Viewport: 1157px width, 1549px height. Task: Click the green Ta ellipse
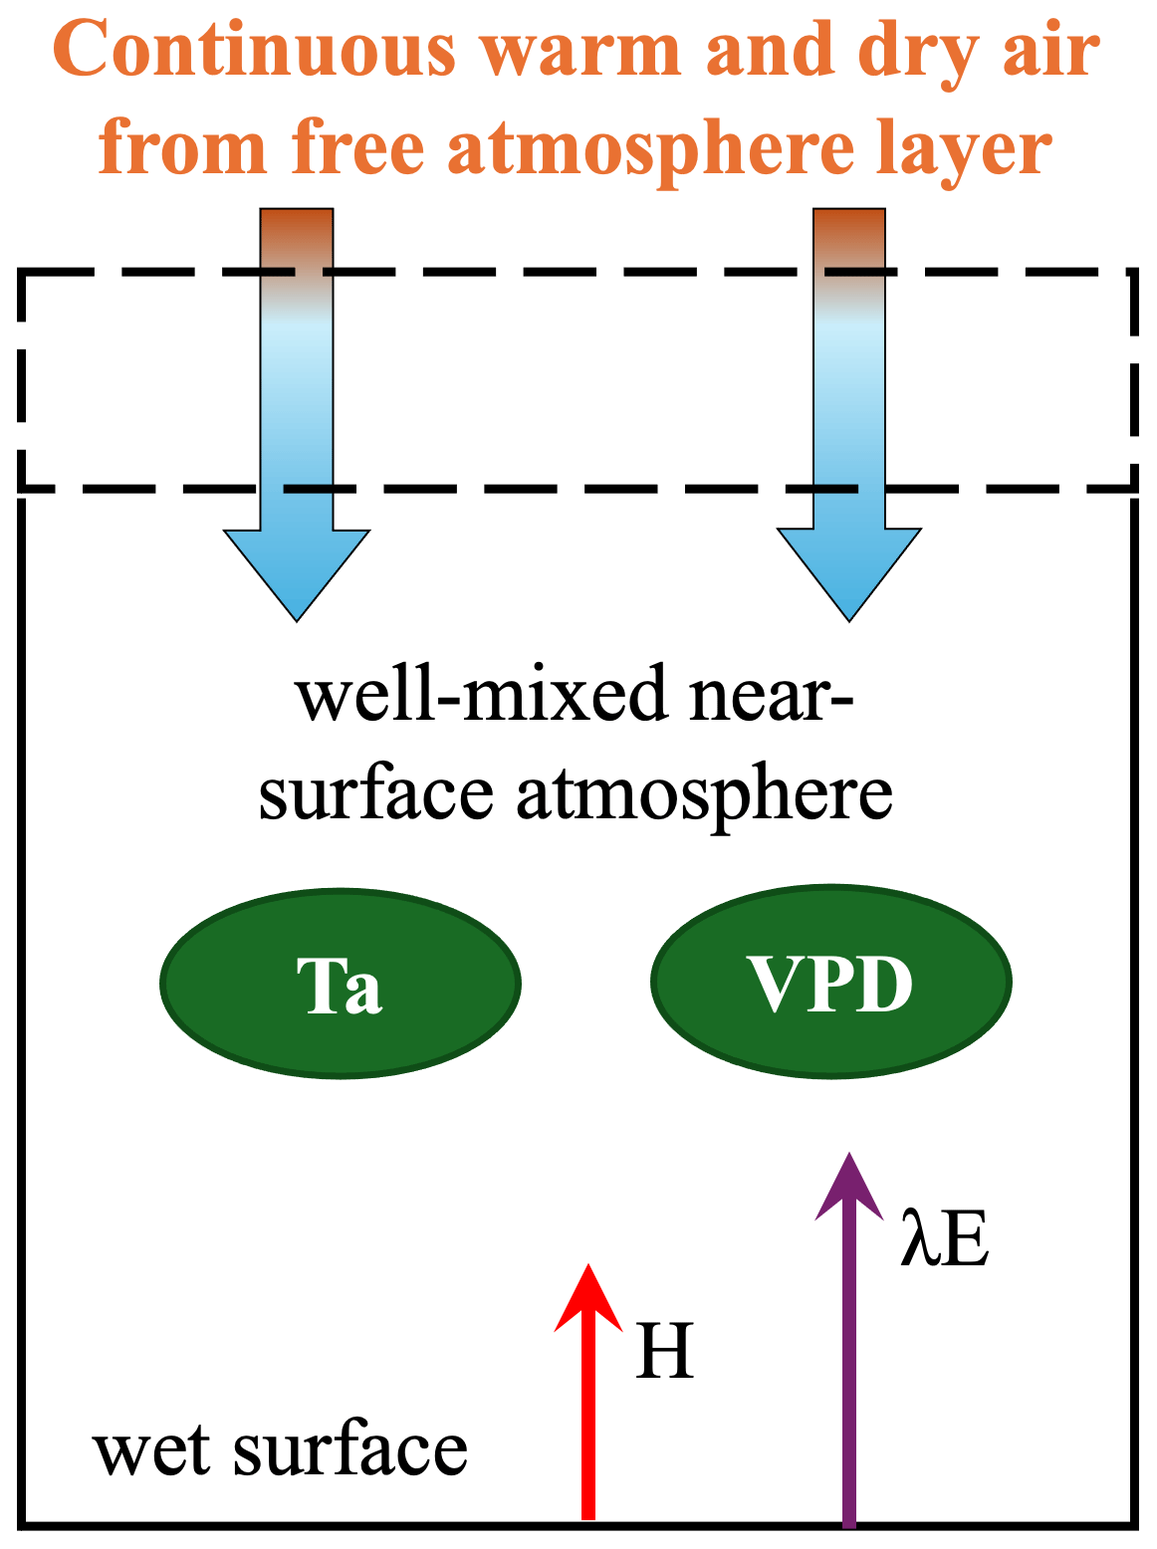point(341,983)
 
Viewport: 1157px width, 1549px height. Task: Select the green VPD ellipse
point(830,982)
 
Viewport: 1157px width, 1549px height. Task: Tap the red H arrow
point(588,1414)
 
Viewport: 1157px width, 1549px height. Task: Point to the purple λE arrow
point(848,1374)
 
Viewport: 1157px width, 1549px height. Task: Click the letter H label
point(664,1351)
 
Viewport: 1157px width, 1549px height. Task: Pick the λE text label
point(943,1239)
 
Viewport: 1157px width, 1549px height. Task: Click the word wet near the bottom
point(150,1451)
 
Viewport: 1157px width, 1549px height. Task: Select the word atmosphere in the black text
point(704,793)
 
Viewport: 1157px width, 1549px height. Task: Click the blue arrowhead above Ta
point(297,572)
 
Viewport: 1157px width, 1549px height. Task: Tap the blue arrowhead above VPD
point(849,572)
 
